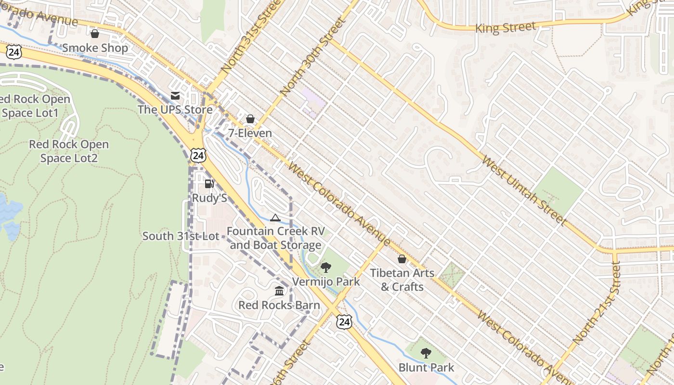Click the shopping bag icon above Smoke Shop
coord(95,34)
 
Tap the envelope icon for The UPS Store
coord(175,96)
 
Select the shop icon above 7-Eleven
coord(250,119)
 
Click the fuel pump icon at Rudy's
coord(209,184)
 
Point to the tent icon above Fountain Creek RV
coord(275,218)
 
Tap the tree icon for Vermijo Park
coord(326,268)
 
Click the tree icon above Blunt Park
coord(426,354)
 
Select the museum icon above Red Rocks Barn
coord(279,291)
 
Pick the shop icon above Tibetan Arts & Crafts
coord(402,259)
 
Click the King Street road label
coord(505,27)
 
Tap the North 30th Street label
coord(313,57)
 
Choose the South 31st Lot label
coord(181,236)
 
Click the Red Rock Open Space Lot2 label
coord(69,151)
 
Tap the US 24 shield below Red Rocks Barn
coord(344,322)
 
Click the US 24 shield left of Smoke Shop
coord(14,52)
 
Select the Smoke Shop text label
coord(95,48)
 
